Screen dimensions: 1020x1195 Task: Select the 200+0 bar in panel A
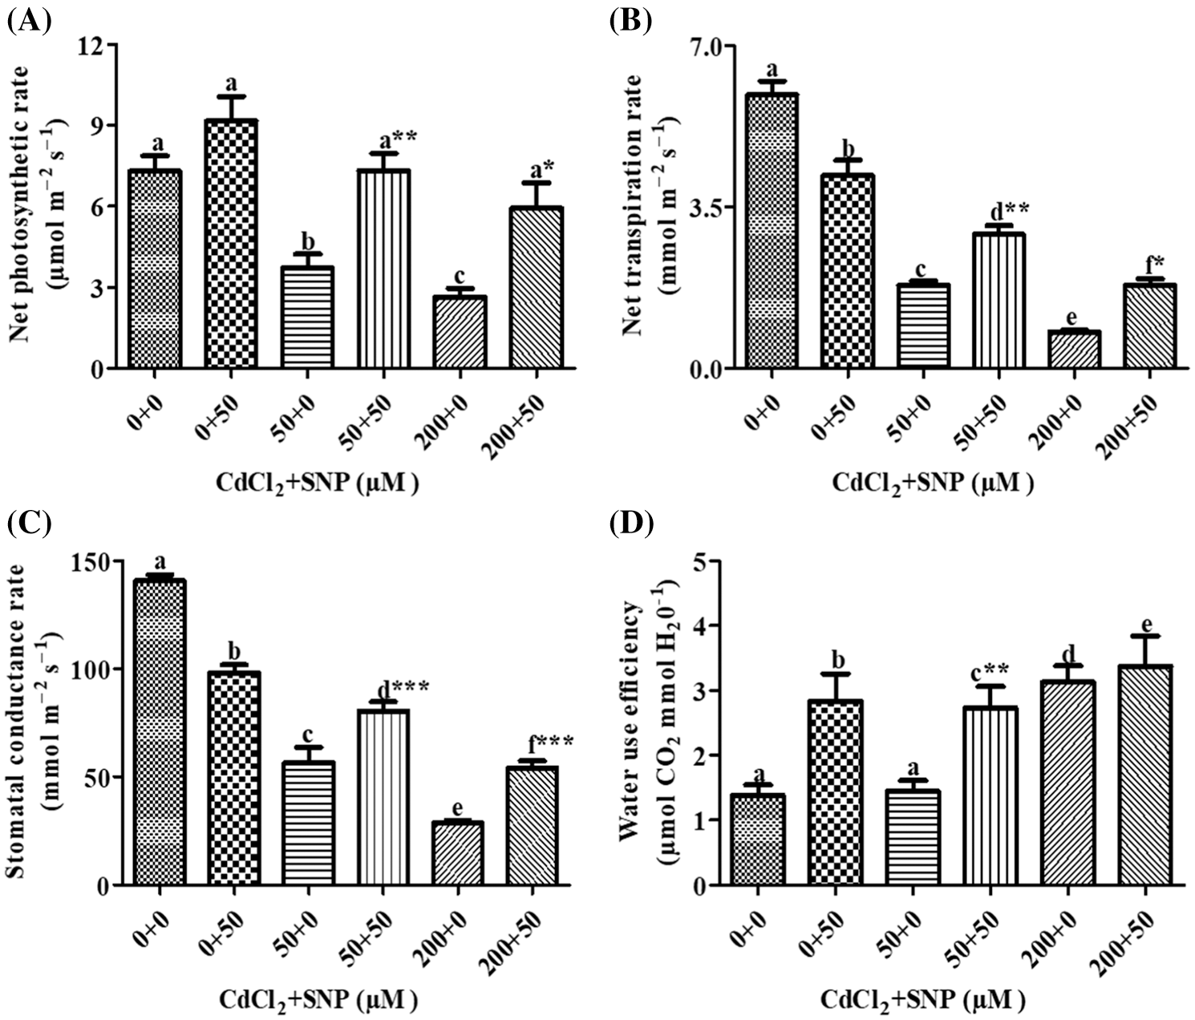pos(460,333)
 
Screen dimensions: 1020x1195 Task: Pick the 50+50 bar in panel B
pos(998,301)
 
